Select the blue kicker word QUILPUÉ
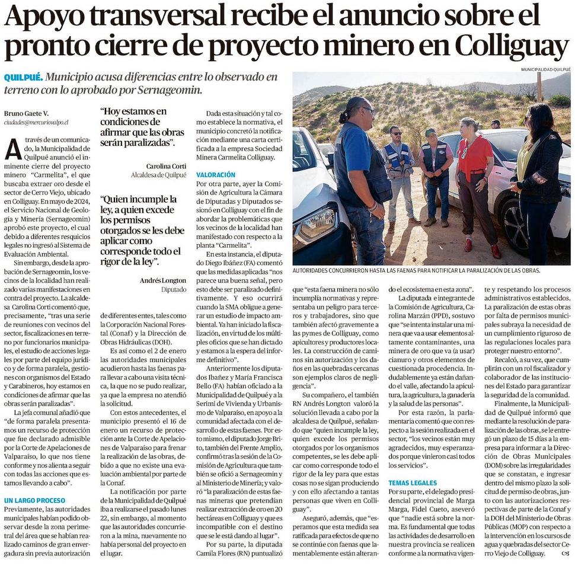23,78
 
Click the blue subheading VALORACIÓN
216,175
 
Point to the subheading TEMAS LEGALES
413,483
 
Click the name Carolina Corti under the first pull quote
166,166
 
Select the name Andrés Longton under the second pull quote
163,280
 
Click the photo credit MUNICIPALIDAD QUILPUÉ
545,69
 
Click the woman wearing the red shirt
474,172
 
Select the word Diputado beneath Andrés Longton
174,290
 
